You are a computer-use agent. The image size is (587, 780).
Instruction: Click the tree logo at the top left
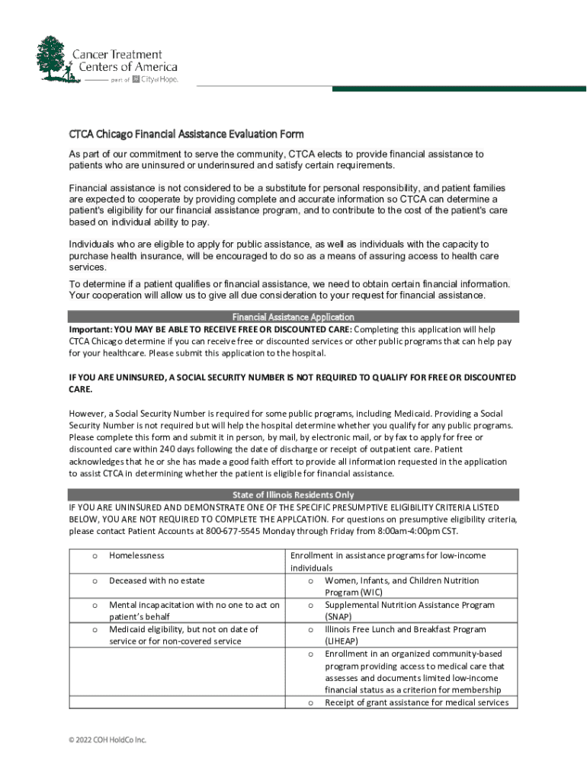[x=53, y=59]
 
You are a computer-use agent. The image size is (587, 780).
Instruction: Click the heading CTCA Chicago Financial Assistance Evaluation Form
[x=186, y=135]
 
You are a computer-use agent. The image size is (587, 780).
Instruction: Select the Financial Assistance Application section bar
[x=293, y=317]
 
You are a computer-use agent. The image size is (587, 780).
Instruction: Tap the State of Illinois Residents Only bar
[x=293, y=495]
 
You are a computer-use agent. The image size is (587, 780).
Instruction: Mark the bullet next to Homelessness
[x=95, y=556]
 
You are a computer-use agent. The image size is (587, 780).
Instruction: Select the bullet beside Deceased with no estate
[x=95, y=580]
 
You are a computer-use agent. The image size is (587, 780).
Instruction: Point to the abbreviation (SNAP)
[x=339, y=617]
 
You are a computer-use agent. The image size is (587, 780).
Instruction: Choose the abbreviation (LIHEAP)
[x=343, y=641]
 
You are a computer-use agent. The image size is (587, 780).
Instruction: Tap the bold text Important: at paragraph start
[x=90, y=329]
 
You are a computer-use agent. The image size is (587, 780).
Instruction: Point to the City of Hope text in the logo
[x=160, y=79]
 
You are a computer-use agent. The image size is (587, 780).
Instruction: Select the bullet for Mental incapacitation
[x=95, y=605]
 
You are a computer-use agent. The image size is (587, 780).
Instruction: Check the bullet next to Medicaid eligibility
[x=95, y=629]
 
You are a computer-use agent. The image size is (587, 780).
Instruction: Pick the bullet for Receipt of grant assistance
[x=311, y=702]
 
